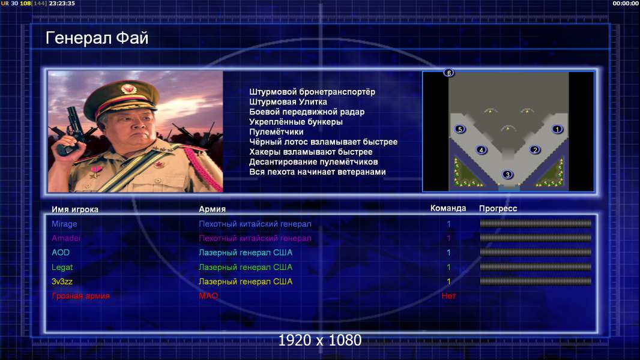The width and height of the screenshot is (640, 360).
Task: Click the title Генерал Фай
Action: coord(97,38)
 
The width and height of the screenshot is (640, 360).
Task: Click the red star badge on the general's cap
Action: coord(128,88)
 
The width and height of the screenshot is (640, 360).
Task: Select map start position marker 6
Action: coord(448,73)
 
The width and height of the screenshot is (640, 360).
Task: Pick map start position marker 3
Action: coord(507,175)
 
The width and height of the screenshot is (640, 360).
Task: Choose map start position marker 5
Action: coord(460,129)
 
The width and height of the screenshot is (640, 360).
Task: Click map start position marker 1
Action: coord(557,129)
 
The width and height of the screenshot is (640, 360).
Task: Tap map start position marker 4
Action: coord(482,150)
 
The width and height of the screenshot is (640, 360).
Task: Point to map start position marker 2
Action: coord(535,150)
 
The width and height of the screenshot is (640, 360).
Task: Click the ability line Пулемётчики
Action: coord(276,131)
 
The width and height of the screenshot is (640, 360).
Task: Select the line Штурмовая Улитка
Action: coord(288,102)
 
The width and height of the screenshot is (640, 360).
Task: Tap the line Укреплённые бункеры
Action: coord(296,122)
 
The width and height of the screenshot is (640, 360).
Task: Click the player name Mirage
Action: coord(64,224)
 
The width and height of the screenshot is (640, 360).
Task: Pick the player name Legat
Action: coord(62,268)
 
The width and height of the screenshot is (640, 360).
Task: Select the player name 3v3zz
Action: coord(62,282)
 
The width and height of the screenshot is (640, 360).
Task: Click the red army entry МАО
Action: coord(208,296)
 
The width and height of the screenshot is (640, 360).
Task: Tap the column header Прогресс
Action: coord(498,209)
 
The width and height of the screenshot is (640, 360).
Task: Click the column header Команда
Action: coord(448,208)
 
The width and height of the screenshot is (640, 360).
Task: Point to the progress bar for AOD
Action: coord(536,253)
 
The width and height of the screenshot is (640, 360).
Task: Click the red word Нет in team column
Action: coord(448,296)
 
